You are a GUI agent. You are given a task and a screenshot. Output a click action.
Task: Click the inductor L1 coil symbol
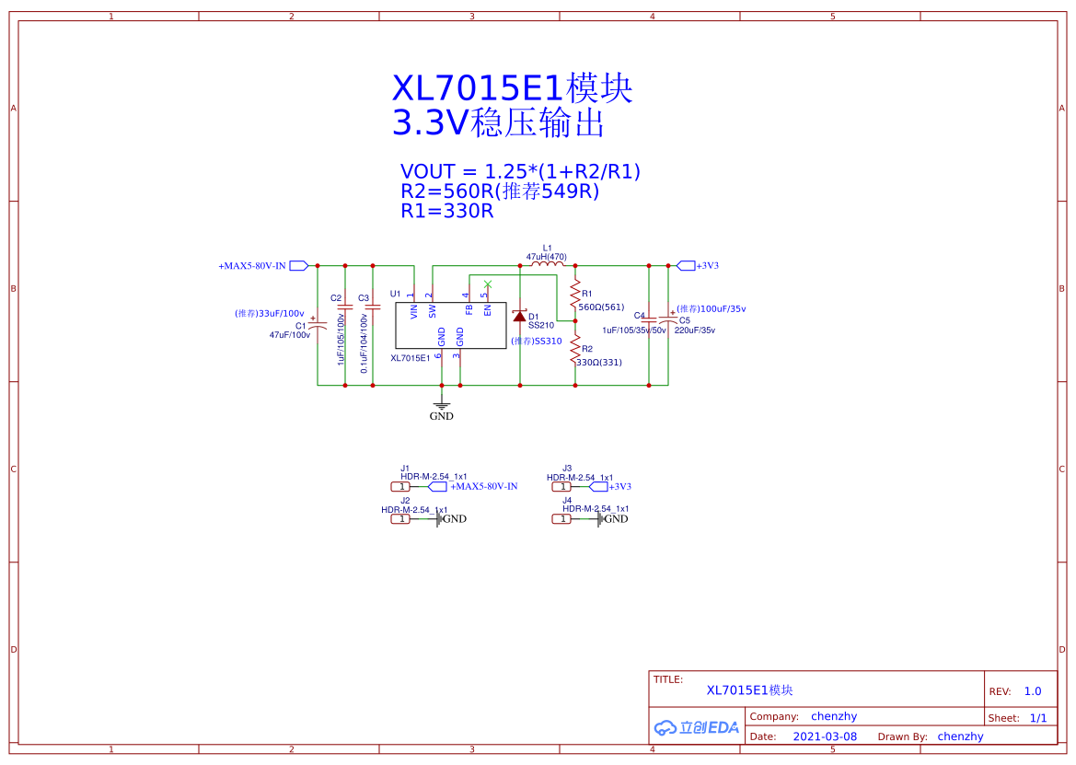(548, 265)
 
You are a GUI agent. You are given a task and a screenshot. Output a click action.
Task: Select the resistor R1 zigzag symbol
(575, 295)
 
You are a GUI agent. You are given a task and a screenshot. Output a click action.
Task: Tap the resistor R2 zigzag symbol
(575, 349)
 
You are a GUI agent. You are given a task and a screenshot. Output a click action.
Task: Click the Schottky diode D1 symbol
(520, 316)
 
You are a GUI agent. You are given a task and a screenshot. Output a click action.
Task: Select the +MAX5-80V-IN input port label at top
(252, 266)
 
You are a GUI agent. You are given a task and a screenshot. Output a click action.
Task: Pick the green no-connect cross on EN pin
(488, 284)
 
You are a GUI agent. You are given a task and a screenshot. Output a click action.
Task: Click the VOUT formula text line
(520, 171)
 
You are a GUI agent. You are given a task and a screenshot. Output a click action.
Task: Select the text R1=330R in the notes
(447, 211)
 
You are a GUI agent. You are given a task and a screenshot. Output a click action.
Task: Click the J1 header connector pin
(400, 486)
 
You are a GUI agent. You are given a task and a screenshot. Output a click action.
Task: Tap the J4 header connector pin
(561, 519)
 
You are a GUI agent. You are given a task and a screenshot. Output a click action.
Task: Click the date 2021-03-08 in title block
(824, 736)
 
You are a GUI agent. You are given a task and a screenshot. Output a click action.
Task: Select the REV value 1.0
(1033, 691)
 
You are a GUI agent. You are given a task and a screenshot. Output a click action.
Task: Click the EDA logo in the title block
(697, 727)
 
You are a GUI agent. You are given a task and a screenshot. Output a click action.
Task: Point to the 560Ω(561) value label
(602, 307)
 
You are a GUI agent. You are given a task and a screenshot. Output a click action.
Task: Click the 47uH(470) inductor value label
(547, 257)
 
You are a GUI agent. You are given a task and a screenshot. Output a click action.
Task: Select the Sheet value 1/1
(1038, 718)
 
